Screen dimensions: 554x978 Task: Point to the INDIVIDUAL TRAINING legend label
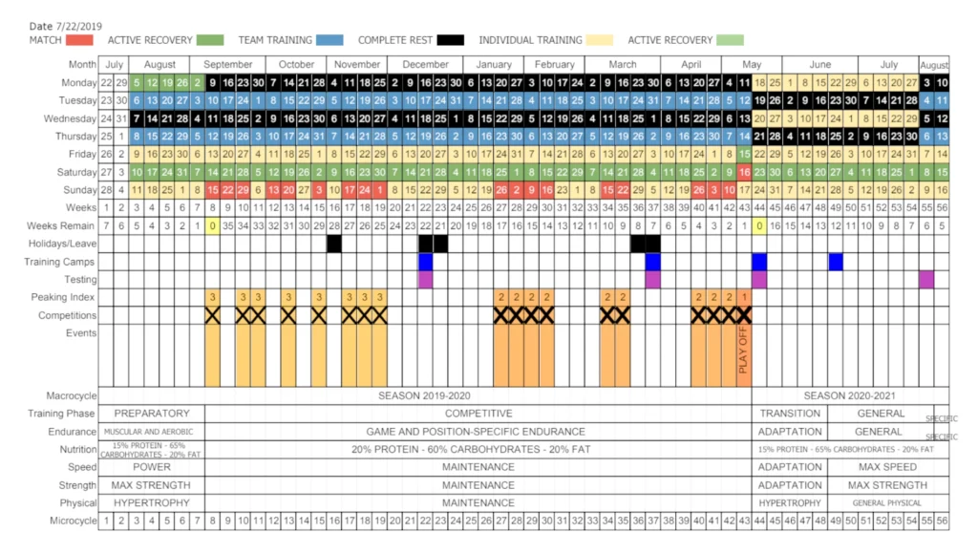tap(530, 40)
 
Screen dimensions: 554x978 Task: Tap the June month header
tap(820, 64)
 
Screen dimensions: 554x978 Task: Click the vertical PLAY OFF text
tap(744, 351)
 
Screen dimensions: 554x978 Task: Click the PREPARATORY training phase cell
tap(151, 414)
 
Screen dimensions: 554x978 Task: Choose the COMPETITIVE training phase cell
tap(478, 414)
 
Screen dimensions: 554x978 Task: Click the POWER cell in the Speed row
tap(151, 467)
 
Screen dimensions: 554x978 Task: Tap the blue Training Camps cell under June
tap(836, 261)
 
